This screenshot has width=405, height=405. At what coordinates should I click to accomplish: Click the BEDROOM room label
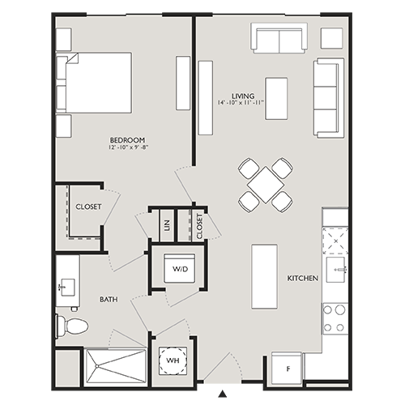point(126,140)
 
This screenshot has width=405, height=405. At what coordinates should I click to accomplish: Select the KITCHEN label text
point(301,279)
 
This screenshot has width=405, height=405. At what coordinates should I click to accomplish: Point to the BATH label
point(109,300)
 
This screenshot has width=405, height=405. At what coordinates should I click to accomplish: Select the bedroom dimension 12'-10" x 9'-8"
point(126,149)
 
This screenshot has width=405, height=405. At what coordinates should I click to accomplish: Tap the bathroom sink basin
point(66,285)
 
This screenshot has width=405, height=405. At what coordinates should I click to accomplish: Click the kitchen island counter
point(265,275)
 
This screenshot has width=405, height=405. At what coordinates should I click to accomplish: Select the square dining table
point(265,185)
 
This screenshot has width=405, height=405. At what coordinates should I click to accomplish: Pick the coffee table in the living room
point(276,97)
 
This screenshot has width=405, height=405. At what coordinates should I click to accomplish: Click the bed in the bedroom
point(95,83)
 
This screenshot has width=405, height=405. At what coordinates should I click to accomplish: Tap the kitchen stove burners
point(335,318)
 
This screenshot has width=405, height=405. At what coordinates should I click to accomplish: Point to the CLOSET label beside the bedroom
point(88,207)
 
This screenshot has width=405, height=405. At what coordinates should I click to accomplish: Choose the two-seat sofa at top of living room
point(279,38)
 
